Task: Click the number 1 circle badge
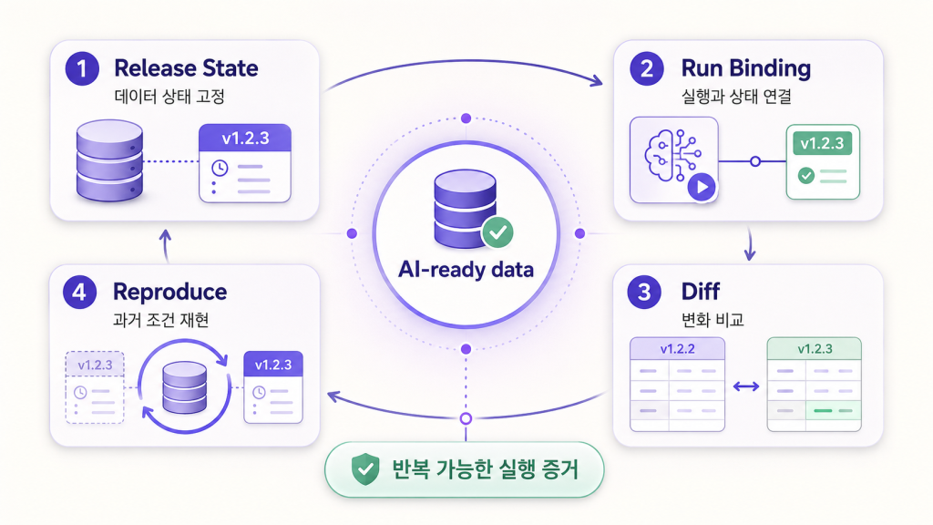tap(82, 68)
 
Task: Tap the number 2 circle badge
tap(647, 68)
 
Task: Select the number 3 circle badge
tap(644, 293)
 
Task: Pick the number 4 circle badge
tap(80, 293)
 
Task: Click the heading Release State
tap(186, 67)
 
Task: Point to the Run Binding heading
tap(746, 68)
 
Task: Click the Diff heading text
tap(701, 292)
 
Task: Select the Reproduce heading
tap(170, 293)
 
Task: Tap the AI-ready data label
tap(466, 270)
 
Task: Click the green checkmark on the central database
tap(498, 232)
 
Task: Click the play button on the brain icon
tap(702, 187)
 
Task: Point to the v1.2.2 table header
tap(677, 349)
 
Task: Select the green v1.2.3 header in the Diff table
tap(815, 349)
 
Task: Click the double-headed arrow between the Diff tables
tap(746, 386)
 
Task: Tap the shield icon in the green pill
tap(365, 469)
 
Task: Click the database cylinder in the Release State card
tap(109, 160)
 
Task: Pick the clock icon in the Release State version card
tap(220, 169)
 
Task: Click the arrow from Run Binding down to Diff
tap(750, 244)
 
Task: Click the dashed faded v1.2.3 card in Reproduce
tap(95, 387)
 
